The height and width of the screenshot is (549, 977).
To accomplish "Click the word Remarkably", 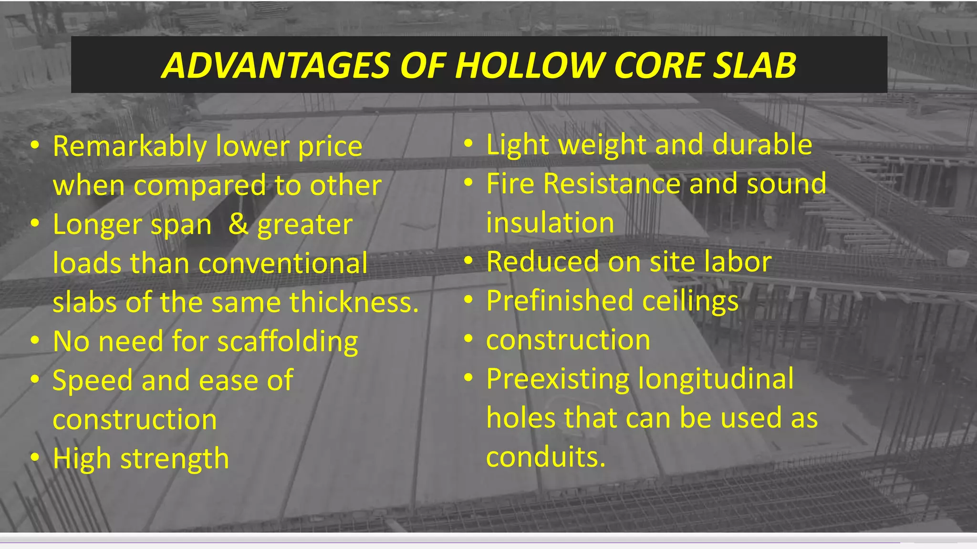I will click(x=129, y=146).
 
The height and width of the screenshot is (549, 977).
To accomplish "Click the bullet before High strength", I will click(x=34, y=458).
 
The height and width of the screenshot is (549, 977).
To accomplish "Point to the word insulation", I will click(x=550, y=223).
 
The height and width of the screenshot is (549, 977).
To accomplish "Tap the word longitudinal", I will click(x=716, y=379).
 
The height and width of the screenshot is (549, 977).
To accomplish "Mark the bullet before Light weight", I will click(x=468, y=143).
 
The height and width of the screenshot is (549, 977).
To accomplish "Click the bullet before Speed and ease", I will click(x=34, y=380).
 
